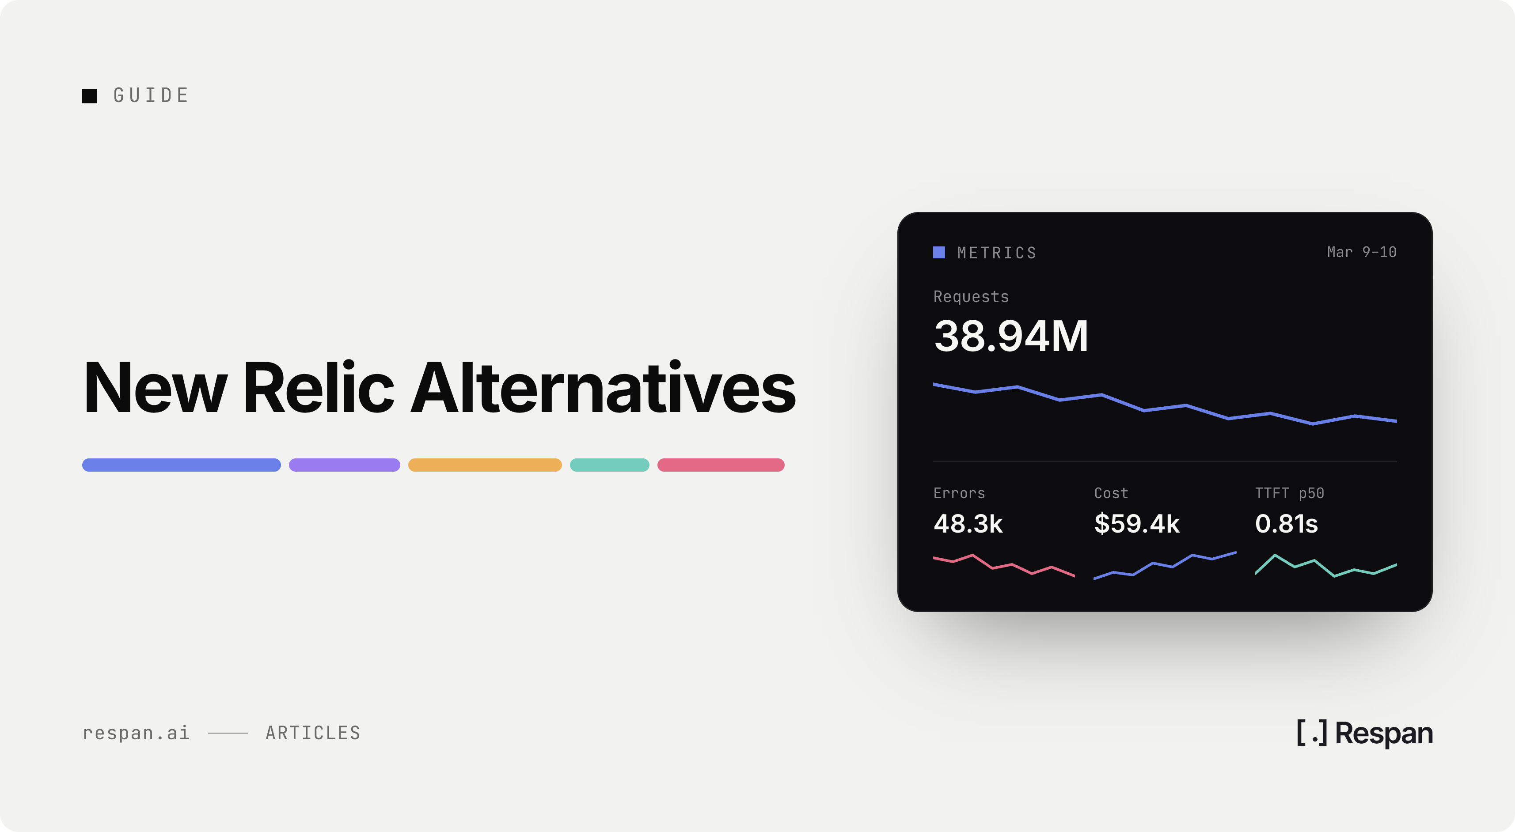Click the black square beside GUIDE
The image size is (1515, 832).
click(x=89, y=96)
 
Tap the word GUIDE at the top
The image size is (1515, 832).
click(x=151, y=95)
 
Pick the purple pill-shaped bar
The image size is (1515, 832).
click(x=345, y=465)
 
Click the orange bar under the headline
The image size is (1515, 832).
click(x=485, y=465)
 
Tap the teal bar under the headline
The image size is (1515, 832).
click(x=609, y=465)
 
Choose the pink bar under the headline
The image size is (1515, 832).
click(x=721, y=465)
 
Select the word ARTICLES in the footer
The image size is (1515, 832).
click(x=313, y=733)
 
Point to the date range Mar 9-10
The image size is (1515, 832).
click(x=1362, y=252)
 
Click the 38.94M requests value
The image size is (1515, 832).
click(x=1011, y=337)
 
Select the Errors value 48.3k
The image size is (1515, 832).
click(x=968, y=524)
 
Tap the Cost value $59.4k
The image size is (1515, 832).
click(x=1137, y=524)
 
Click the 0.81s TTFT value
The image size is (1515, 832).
click(x=1286, y=524)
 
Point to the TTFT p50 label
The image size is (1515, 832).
click(x=1290, y=493)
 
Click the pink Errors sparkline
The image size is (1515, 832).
click(x=1004, y=566)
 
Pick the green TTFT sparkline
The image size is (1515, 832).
click(x=1325, y=566)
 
